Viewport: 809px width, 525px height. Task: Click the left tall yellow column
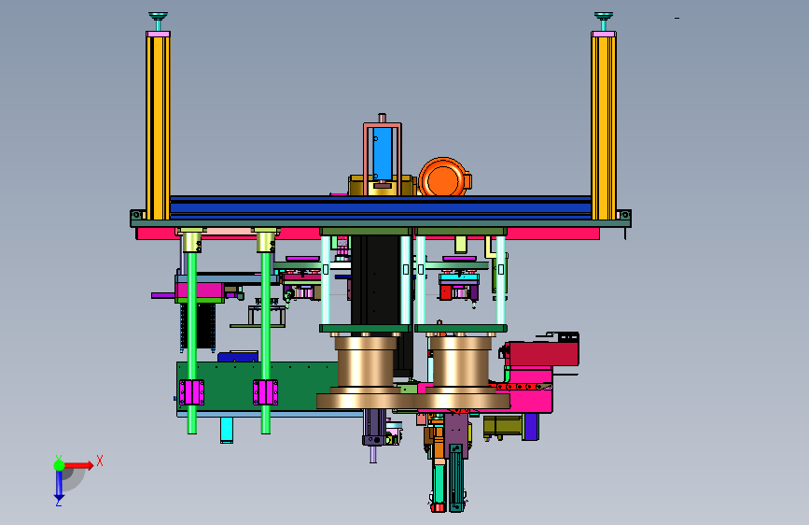pyautogui.click(x=158, y=127)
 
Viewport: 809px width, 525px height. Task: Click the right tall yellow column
pyautogui.click(x=603, y=127)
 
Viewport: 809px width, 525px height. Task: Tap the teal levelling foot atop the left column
pyautogui.click(x=158, y=21)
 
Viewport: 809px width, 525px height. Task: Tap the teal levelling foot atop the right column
pyautogui.click(x=603, y=21)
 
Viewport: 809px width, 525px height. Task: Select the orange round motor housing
pyautogui.click(x=443, y=177)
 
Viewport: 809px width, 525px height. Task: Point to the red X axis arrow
pyautogui.click(x=78, y=465)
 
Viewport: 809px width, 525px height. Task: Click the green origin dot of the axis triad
pyautogui.click(x=59, y=465)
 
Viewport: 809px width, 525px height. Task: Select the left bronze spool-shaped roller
pyautogui.click(x=365, y=372)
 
